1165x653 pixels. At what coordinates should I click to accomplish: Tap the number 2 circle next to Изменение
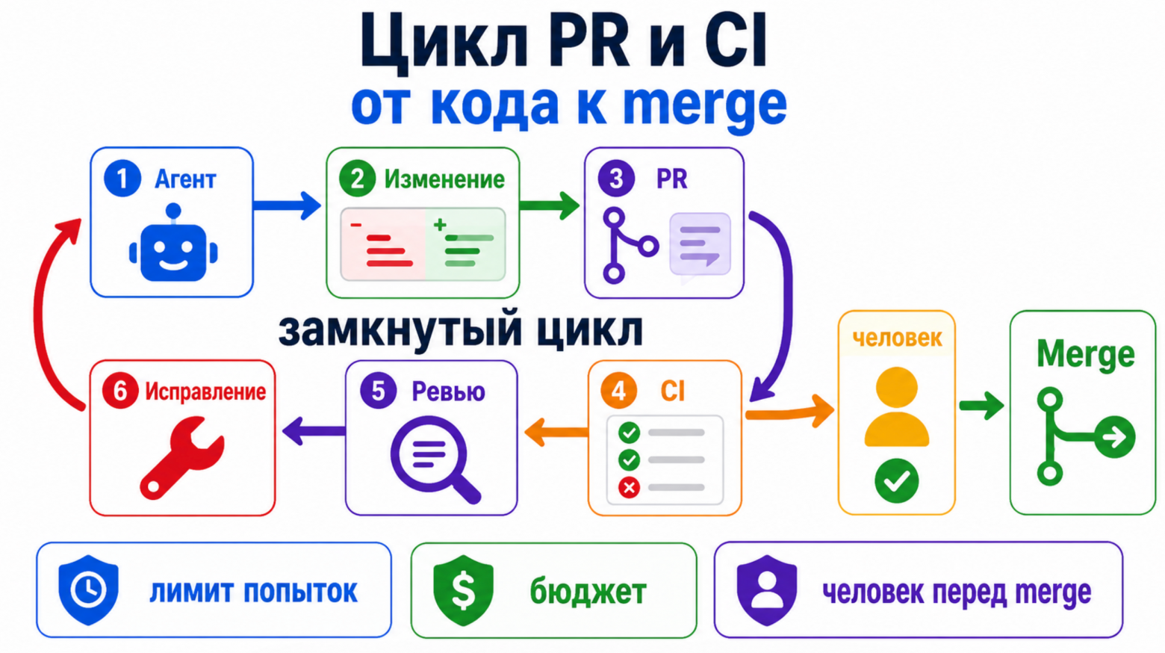tap(357, 179)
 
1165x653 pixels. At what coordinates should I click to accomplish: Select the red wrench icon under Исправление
tap(181, 458)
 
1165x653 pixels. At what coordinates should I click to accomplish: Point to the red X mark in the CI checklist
tap(629, 488)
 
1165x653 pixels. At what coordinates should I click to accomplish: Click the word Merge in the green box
tap(1085, 355)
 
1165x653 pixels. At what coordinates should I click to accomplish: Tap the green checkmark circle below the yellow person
tap(896, 480)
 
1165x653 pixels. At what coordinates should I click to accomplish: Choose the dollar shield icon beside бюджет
tap(463, 590)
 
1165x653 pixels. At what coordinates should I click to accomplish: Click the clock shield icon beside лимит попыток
tap(88, 589)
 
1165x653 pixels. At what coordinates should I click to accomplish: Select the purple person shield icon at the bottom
tap(767, 590)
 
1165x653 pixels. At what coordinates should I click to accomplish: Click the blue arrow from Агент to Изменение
tap(287, 205)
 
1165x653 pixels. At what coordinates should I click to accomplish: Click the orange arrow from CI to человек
tap(790, 412)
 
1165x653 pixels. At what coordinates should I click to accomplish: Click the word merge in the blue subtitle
tap(705, 106)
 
